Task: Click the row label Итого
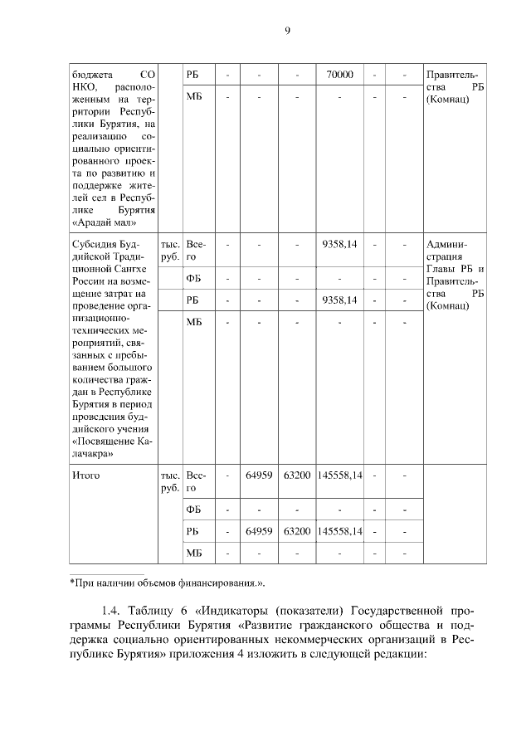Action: click(85, 475)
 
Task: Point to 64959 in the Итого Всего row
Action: click(260, 475)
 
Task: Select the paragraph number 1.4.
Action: click(112, 613)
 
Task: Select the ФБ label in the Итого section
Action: click(194, 509)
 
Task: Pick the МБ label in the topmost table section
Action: click(194, 97)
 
